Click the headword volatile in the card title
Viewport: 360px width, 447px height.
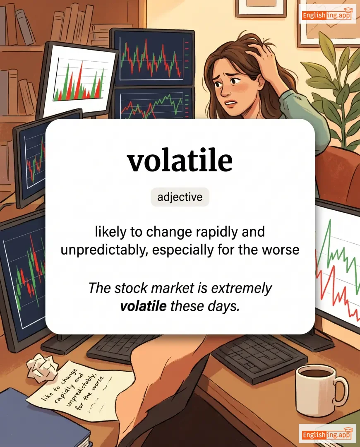(x=180, y=161)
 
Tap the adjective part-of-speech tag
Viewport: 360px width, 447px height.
(x=180, y=197)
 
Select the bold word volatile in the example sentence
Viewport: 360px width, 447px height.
(x=143, y=306)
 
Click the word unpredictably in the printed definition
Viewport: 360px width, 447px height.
(x=104, y=250)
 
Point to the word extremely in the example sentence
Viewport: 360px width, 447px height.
(x=241, y=288)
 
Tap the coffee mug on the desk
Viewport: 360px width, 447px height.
(x=321, y=390)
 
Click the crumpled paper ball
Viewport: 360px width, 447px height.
(x=41, y=368)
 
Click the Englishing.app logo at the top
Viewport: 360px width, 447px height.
(x=327, y=14)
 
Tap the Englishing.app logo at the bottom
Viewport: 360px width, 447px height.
(x=327, y=434)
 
